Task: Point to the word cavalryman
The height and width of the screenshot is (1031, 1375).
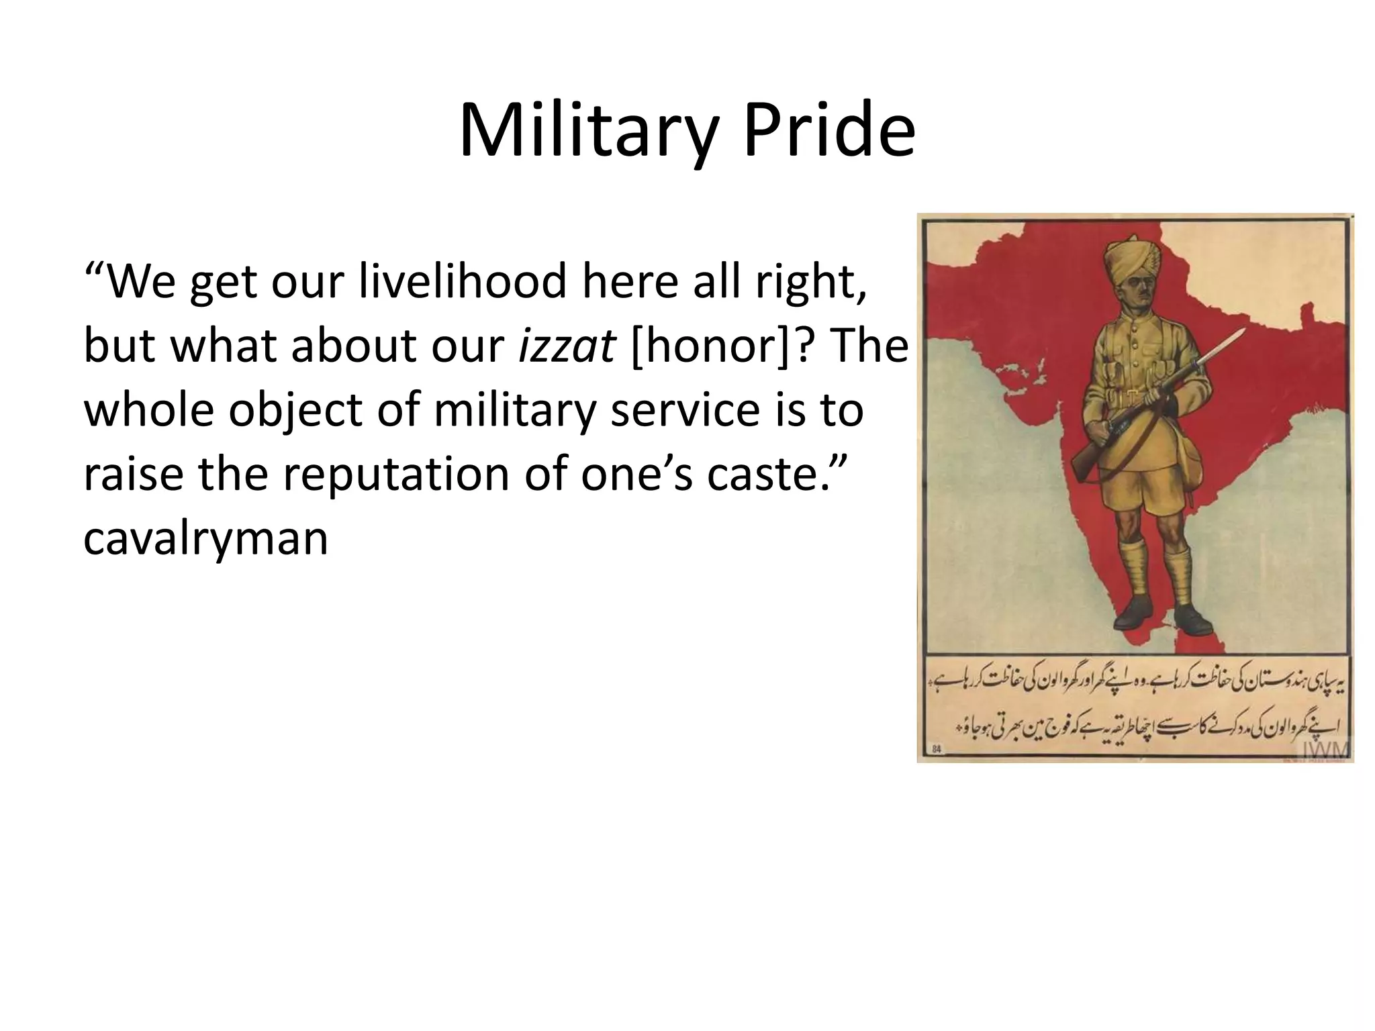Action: click(x=205, y=538)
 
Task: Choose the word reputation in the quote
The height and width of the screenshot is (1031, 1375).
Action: click(x=395, y=474)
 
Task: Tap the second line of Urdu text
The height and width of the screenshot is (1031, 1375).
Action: click(x=1148, y=727)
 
